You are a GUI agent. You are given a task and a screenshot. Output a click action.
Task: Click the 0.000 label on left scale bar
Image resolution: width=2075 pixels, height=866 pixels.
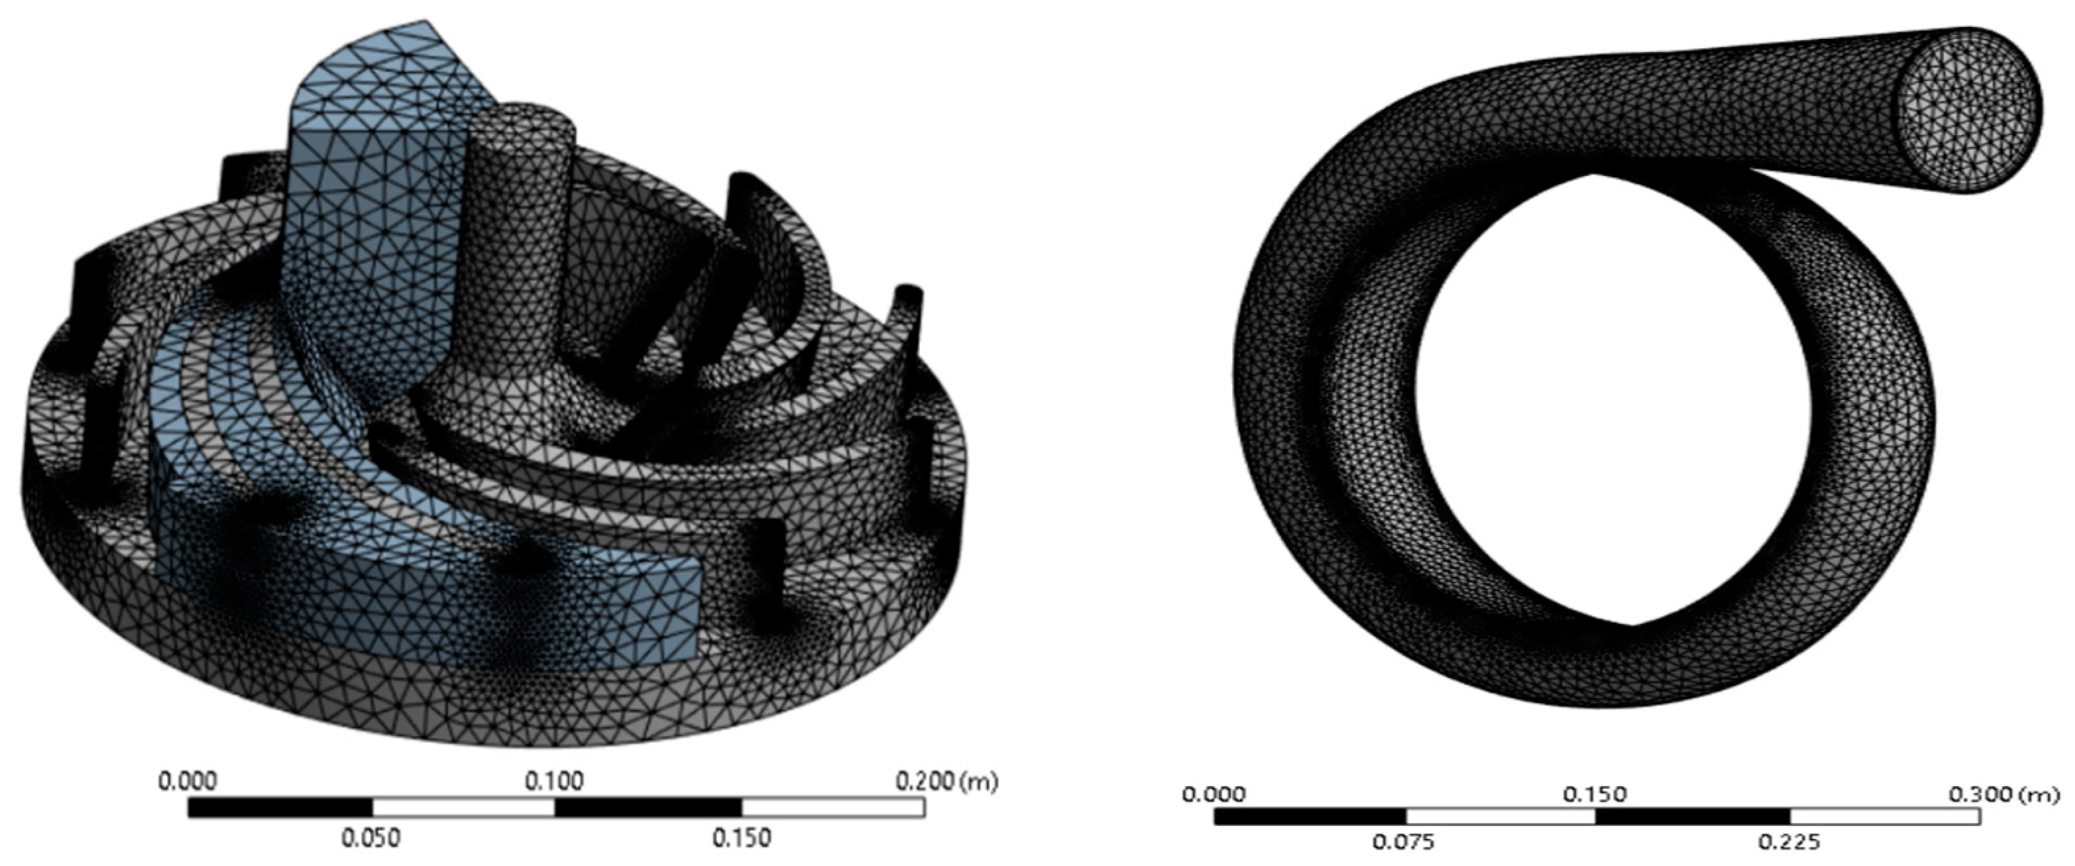click(x=188, y=782)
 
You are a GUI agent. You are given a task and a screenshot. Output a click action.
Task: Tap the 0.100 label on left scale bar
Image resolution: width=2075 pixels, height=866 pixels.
click(x=554, y=782)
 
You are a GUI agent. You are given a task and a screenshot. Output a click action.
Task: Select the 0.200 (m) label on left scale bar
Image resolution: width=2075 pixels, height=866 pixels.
click(x=946, y=782)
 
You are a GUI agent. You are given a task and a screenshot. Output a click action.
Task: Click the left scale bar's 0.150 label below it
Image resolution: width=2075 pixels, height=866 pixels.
click(x=741, y=838)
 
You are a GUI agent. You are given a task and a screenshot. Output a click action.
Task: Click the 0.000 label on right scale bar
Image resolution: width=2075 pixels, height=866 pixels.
click(x=1213, y=795)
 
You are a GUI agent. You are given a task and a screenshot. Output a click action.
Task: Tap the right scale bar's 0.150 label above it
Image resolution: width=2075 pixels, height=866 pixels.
click(x=1594, y=795)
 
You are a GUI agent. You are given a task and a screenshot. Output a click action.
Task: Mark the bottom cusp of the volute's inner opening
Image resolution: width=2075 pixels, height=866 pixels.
click(x=1633, y=623)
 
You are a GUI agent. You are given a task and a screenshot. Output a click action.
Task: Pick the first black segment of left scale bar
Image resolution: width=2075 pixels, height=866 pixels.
click(x=280, y=807)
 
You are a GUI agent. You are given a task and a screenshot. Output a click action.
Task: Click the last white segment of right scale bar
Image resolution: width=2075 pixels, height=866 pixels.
click(x=1884, y=816)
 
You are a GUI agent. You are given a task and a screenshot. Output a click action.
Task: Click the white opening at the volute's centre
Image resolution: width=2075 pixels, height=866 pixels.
click(x=1611, y=403)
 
